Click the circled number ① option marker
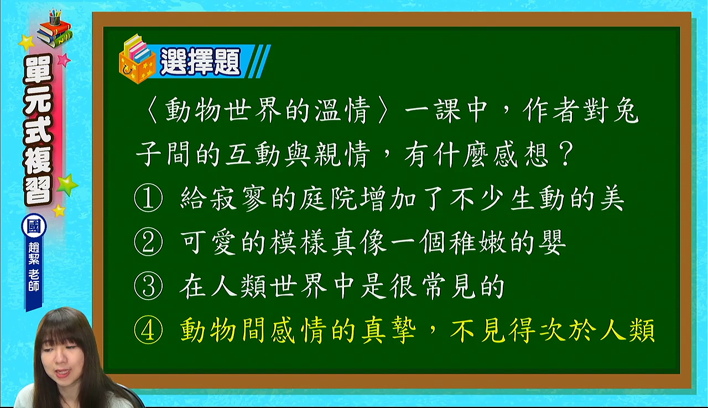click(148, 198)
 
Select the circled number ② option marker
click(148, 242)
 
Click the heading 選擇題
click(200, 61)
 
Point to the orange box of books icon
click(137, 59)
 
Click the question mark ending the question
click(565, 154)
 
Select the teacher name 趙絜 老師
click(34, 266)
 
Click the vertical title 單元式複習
click(38, 130)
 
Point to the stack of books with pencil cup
click(55, 28)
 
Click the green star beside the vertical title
click(67, 185)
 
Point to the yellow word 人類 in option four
click(627, 330)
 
